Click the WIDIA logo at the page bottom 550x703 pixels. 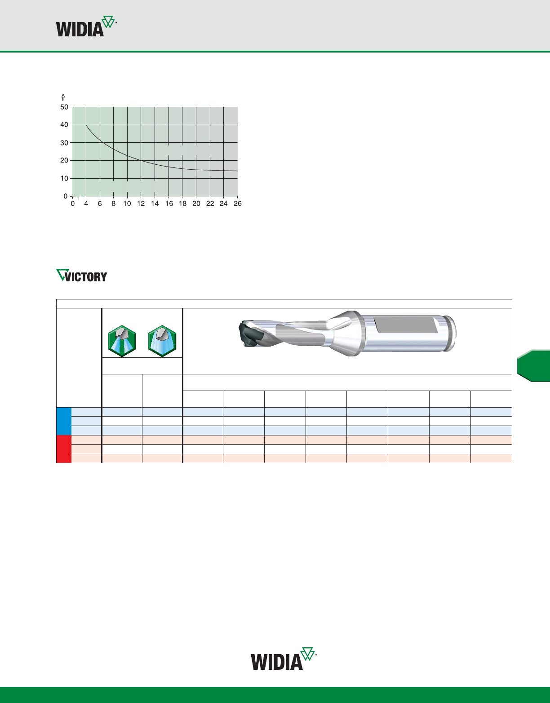pos(284,659)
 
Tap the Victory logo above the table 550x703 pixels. pos(82,275)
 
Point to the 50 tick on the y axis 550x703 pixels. pos(64,107)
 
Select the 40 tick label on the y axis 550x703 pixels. pos(64,125)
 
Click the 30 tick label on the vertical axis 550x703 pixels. pos(64,143)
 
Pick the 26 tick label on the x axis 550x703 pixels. pos(238,203)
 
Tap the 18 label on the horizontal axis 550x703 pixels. pos(182,203)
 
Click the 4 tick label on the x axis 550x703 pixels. pos(86,203)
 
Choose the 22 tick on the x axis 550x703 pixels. pos(210,203)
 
